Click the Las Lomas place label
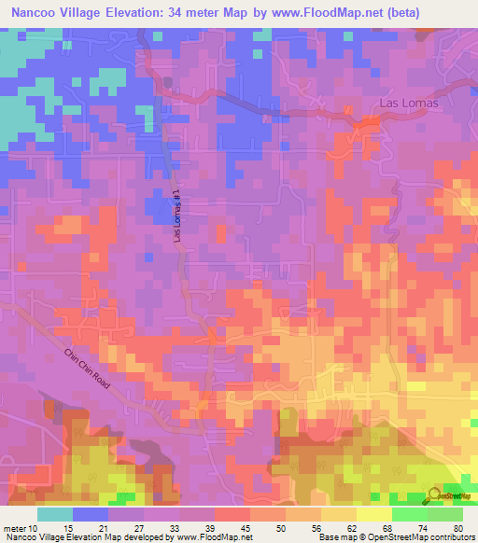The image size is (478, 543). [408, 104]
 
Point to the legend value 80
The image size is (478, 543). [457, 527]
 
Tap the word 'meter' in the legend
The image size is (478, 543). [13, 527]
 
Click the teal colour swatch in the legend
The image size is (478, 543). [55, 514]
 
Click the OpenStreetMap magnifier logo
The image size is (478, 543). [434, 494]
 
